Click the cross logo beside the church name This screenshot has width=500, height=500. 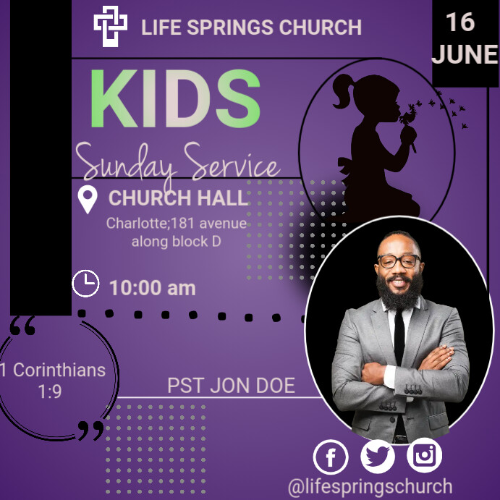tap(110, 27)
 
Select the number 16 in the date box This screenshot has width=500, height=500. tap(459, 22)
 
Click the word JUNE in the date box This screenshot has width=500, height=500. tap(465, 54)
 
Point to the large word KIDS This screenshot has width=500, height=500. tap(174, 100)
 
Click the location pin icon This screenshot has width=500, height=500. tap(88, 199)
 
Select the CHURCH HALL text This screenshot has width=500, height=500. tap(178, 198)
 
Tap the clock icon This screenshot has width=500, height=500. tap(86, 284)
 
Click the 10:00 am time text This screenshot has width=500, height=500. tap(153, 288)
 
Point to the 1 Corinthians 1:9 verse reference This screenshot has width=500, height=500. tap(52, 381)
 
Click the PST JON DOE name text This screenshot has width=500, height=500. tap(231, 386)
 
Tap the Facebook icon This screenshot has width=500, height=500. tap(331, 457)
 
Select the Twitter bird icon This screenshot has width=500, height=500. tap(378, 457)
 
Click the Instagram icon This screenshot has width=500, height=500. tap(424, 456)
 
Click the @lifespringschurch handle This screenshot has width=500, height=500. tap(370, 486)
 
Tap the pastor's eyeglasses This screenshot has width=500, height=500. tap(399, 261)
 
